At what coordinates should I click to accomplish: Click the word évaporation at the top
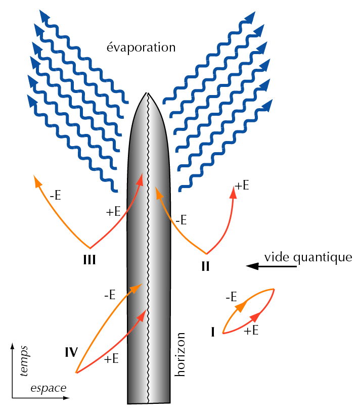click(141, 48)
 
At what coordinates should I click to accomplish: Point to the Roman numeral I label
click(213, 332)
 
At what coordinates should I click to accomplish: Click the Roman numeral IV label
click(71, 351)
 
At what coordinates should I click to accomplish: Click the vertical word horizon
click(181, 354)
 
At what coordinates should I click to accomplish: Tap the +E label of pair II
click(242, 185)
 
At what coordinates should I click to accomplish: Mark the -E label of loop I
click(231, 297)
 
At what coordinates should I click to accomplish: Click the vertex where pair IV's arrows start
click(76, 373)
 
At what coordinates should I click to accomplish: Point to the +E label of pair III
click(113, 212)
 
